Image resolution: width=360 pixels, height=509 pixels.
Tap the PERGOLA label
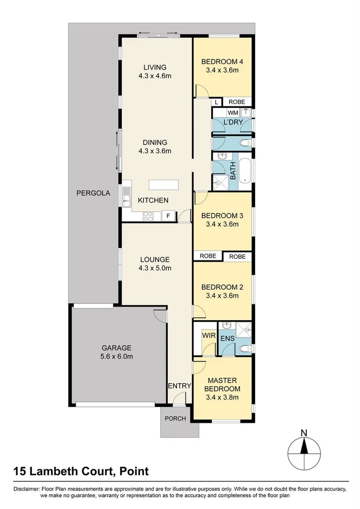[93, 193]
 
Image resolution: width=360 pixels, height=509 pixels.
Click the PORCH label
[175, 418]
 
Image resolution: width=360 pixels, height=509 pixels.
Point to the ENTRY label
[180, 386]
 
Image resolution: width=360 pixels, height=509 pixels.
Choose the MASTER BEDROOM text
[222, 385]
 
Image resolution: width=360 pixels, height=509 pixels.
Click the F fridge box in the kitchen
[168, 216]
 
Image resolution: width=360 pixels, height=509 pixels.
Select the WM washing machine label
[232, 112]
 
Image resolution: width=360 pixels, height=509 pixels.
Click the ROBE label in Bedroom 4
[236, 101]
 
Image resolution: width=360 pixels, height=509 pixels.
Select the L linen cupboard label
[216, 101]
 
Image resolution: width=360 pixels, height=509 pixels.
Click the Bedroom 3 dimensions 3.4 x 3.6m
[222, 224]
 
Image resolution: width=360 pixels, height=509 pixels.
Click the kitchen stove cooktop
[148, 216]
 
